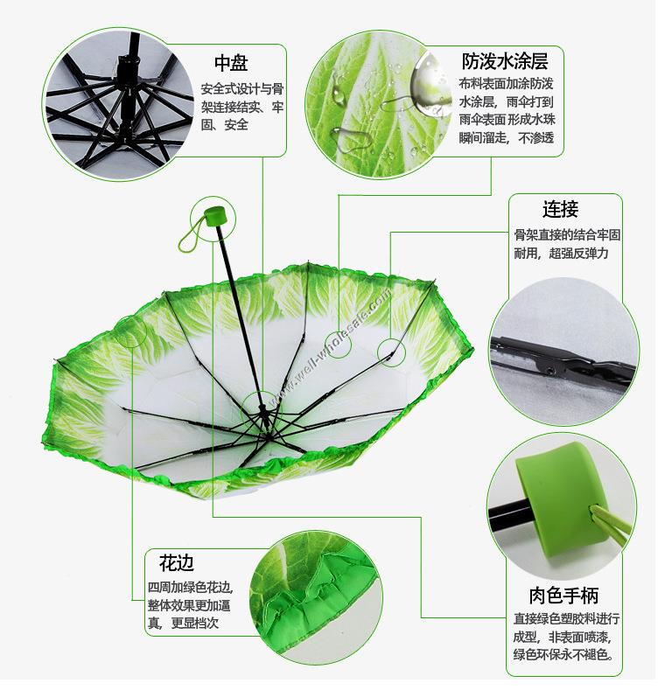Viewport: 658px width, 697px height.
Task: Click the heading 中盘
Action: (x=231, y=63)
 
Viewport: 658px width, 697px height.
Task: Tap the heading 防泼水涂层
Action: (x=505, y=60)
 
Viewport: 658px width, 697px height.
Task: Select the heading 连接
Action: (x=560, y=209)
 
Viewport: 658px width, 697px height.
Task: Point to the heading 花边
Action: (x=177, y=563)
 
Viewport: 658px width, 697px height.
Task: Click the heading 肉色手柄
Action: (x=563, y=596)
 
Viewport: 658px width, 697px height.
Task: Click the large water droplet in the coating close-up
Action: (x=429, y=83)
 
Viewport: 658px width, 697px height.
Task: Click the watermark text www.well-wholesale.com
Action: (x=331, y=345)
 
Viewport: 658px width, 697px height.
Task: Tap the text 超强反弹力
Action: (x=578, y=254)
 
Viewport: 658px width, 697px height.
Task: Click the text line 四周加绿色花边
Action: (x=190, y=588)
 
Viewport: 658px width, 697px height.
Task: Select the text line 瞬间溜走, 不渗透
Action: (x=506, y=138)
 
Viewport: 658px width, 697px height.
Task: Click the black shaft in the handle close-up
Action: (x=509, y=515)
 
